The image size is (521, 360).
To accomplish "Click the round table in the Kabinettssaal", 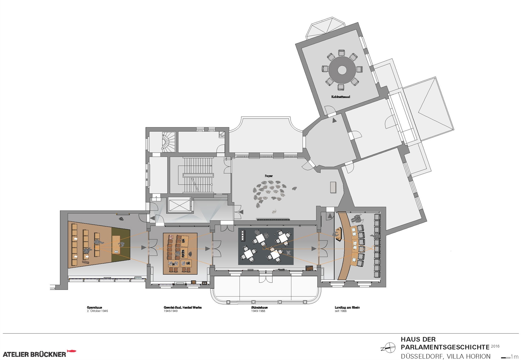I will coord(342,70).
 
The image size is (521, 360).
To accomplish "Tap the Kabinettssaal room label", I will coord(341,97).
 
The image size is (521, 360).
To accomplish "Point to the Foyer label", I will coord(269,176).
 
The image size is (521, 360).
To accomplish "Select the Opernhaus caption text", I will coord(94,308).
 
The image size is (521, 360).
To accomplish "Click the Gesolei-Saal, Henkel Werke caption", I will coord(183,308).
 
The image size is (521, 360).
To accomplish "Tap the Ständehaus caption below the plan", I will coord(259,308).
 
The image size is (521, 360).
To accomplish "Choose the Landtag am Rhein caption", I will coord(347,308).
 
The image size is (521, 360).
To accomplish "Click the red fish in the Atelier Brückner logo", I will coord(72,351).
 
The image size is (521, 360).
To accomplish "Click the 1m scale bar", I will coord(506,358).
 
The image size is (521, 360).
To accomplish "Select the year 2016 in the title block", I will coord(495,346).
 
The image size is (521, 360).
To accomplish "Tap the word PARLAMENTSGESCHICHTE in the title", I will coord(445,347).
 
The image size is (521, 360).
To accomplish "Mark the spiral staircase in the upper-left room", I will coord(169,141).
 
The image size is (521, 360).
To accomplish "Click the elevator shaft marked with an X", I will coord(180,205).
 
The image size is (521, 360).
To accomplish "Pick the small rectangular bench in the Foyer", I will coord(333,187).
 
